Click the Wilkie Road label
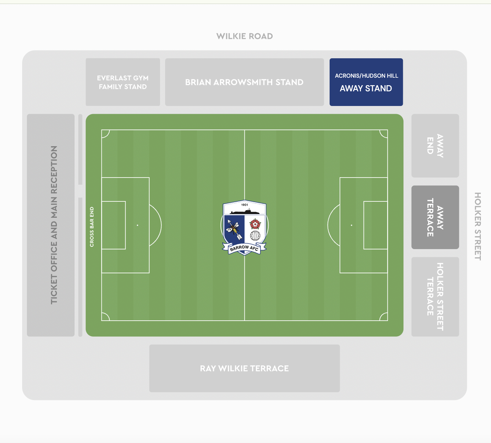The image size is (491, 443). (244, 36)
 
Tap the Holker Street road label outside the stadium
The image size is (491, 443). (478, 226)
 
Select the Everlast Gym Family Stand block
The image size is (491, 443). (123, 82)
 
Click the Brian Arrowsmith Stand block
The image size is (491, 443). (244, 82)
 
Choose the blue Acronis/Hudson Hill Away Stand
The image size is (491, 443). (366, 82)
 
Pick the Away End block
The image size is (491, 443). (435, 146)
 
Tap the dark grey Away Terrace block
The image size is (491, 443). (435, 217)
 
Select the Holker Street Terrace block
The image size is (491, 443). (435, 297)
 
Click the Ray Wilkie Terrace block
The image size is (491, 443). (244, 368)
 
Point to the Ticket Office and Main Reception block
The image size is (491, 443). (51, 225)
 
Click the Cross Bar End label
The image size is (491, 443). (92, 227)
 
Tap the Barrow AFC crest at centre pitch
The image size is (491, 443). (244, 228)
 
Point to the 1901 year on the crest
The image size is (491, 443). (244, 205)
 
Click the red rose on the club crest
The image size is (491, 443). (255, 224)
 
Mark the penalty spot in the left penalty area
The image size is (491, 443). (138, 225)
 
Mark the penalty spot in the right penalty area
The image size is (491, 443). (351, 225)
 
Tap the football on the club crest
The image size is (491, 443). (255, 236)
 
